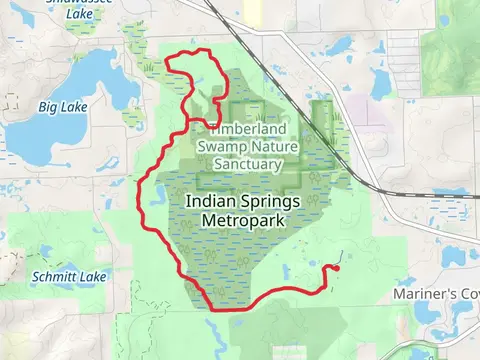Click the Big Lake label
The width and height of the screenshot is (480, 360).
[62, 106]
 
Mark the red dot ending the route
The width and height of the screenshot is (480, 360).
[335, 267]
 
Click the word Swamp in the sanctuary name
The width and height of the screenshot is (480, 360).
[221, 145]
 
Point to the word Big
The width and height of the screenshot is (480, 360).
[48, 106]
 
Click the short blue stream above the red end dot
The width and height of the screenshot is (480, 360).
[341, 256]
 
